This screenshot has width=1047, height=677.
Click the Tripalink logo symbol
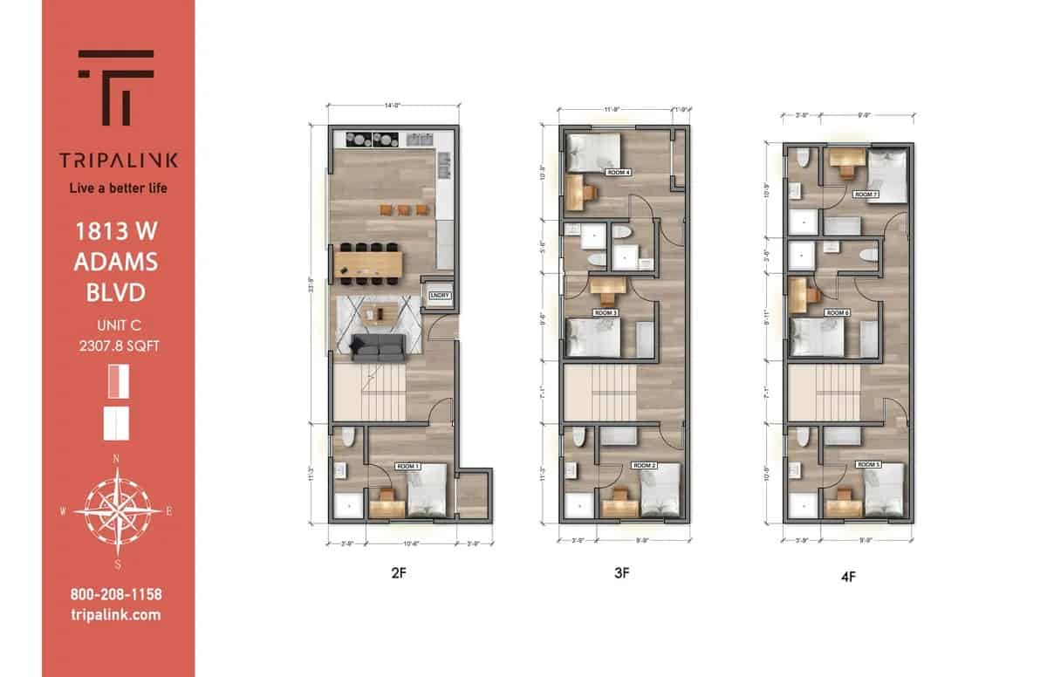[117, 87]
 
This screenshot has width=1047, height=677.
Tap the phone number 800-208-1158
[116, 595]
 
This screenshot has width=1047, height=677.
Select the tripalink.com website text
[116, 615]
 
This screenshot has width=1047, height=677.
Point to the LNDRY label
[440, 296]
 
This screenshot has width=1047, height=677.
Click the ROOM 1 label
[407, 467]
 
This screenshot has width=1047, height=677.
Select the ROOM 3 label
[606, 312]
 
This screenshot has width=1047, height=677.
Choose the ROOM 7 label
[866, 195]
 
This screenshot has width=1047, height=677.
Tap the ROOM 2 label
[644, 466]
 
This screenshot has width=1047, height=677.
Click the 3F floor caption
[621, 573]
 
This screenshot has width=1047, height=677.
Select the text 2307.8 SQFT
[118, 346]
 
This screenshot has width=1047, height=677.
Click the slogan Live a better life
[118, 188]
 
